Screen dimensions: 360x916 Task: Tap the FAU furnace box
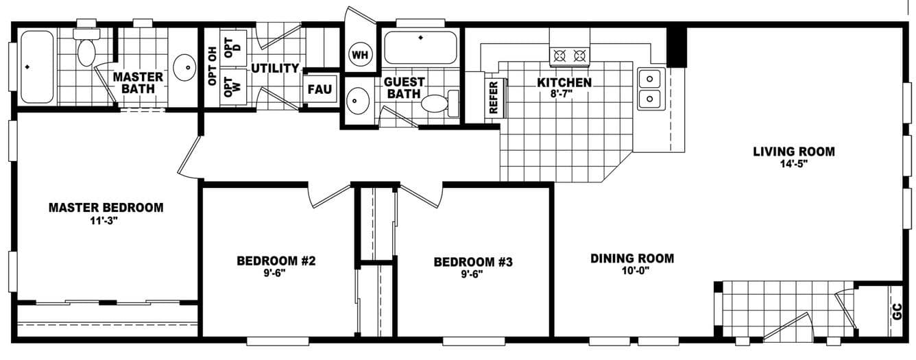320,89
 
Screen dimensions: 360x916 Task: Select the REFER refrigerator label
493,97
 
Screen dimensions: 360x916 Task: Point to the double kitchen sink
649,88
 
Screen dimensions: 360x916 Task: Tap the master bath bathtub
37,67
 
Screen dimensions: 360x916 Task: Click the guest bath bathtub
420,47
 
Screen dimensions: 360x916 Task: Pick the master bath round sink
184,67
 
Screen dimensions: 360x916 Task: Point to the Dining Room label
632,259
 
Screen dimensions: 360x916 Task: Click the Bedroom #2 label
276,261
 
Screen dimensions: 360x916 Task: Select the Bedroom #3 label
473,261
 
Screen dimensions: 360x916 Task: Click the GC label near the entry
897,312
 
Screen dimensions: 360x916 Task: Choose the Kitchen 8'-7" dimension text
564,94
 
